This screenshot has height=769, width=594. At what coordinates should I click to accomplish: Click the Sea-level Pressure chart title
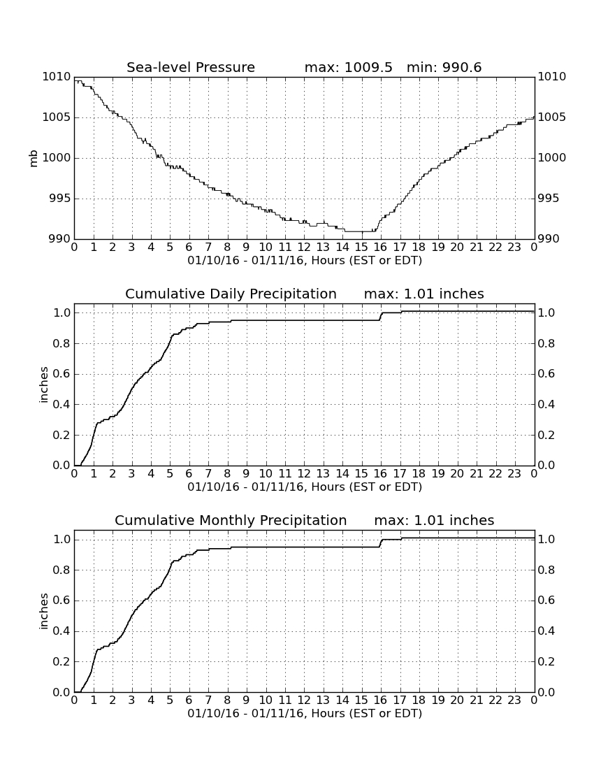[x=191, y=67]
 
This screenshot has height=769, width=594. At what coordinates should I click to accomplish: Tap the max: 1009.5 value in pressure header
[x=349, y=67]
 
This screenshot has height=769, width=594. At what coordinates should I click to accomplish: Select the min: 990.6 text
[x=444, y=67]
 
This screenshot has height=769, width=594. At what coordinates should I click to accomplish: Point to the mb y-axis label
[x=34, y=159]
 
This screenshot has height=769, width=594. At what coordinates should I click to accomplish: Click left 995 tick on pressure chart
[x=59, y=199]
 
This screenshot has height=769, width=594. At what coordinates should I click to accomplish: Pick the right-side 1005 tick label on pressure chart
[x=552, y=117]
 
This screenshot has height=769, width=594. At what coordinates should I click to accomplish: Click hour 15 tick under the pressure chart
[x=361, y=247]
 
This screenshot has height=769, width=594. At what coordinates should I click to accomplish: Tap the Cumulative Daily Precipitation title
[x=231, y=294]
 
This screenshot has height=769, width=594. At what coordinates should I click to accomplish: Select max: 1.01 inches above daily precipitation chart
[x=424, y=294]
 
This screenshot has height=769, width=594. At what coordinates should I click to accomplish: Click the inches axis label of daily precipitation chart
[x=44, y=385]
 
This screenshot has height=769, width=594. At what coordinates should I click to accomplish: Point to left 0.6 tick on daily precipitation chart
[x=61, y=374]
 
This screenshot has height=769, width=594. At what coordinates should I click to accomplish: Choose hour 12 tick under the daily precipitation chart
[x=304, y=473]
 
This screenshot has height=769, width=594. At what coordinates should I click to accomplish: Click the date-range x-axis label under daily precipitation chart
[x=305, y=487]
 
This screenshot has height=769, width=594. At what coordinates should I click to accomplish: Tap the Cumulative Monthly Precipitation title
[x=231, y=520]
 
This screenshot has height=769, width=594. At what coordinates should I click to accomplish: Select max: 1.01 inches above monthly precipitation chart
[x=434, y=520]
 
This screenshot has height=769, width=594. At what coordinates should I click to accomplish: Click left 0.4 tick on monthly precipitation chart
[x=61, y=631]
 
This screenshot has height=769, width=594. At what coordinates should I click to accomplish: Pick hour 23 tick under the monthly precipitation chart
[x=514, y=700]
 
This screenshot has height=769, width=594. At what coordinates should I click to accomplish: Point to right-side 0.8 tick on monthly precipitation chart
[x=546, y=570]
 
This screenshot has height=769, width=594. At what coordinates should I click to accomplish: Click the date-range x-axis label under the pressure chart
[x=305, y=261]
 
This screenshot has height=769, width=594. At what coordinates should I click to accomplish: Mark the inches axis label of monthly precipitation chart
[x=44, y=612]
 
